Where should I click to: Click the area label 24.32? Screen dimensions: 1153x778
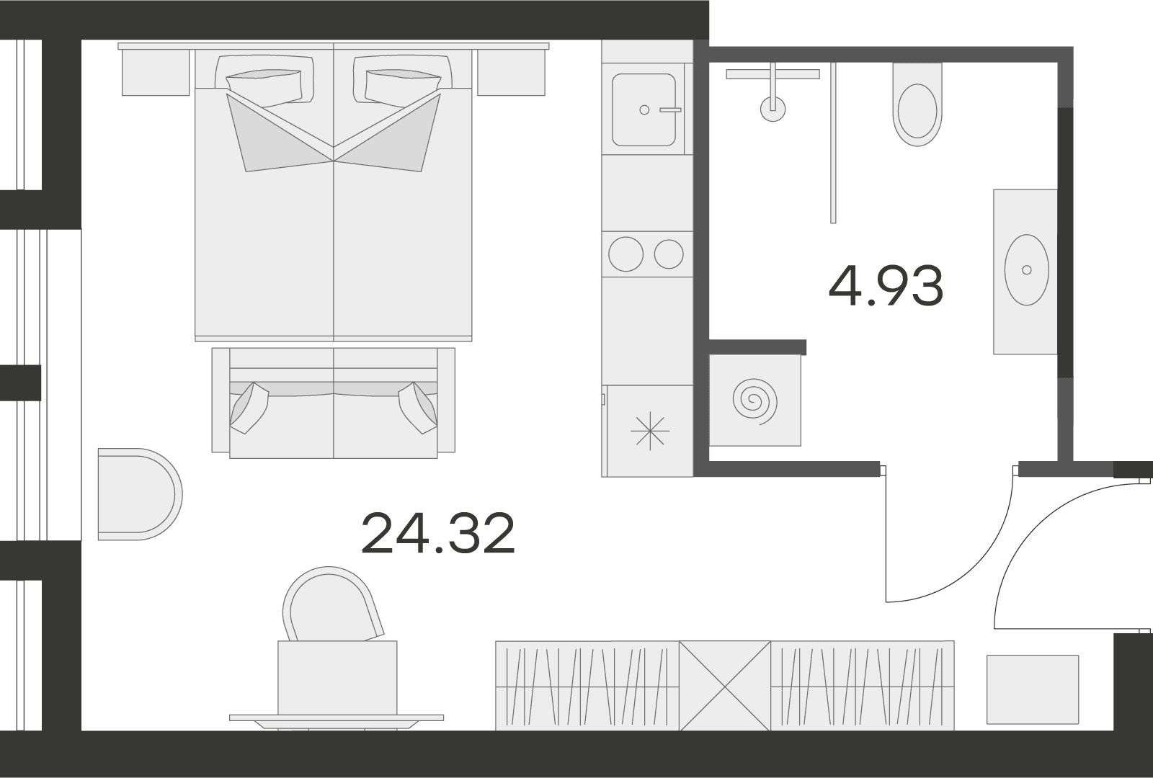point(437,534)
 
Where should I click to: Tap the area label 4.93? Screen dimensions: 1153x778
point(886,286)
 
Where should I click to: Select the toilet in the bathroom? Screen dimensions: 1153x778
point(917,104)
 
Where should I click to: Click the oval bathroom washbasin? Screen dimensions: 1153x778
point(1026,269)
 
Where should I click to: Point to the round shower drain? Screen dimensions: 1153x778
point(773,109)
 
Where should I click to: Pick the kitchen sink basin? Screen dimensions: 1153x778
point(644,109)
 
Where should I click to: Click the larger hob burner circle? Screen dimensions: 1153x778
point(626,254)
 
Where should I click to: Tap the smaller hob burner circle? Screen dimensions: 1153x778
point(669,254)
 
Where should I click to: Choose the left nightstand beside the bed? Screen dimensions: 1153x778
point(156,72)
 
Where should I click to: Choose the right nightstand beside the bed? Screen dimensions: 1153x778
point(511,72)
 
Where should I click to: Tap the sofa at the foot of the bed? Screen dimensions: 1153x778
point(334,403)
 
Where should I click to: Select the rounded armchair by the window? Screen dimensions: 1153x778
point(140,494)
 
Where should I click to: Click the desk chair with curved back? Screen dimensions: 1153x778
point(333,605)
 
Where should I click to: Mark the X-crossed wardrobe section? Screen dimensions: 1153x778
point(725,686)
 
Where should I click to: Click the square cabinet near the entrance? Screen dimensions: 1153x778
point(1033,689)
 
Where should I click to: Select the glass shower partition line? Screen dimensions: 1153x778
point(833,143)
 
